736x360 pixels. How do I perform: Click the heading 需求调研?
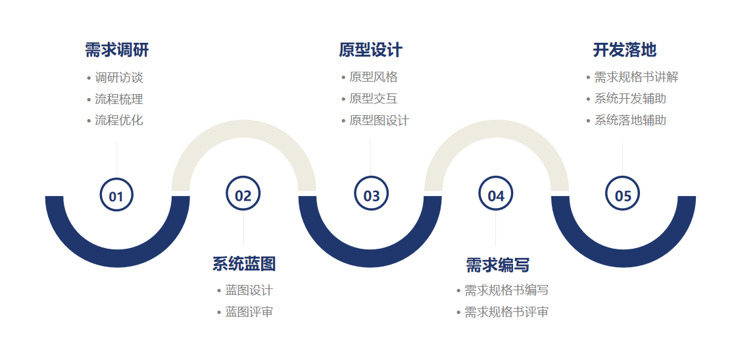tap(117, 50)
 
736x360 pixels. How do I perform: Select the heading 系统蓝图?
tap(243, 264)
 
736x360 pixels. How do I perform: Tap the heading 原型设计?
tap(371, 50)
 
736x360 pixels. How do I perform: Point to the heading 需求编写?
tap(497, 265)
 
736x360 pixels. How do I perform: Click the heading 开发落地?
tap(624, 50)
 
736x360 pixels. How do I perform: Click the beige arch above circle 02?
tap(243, 129)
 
